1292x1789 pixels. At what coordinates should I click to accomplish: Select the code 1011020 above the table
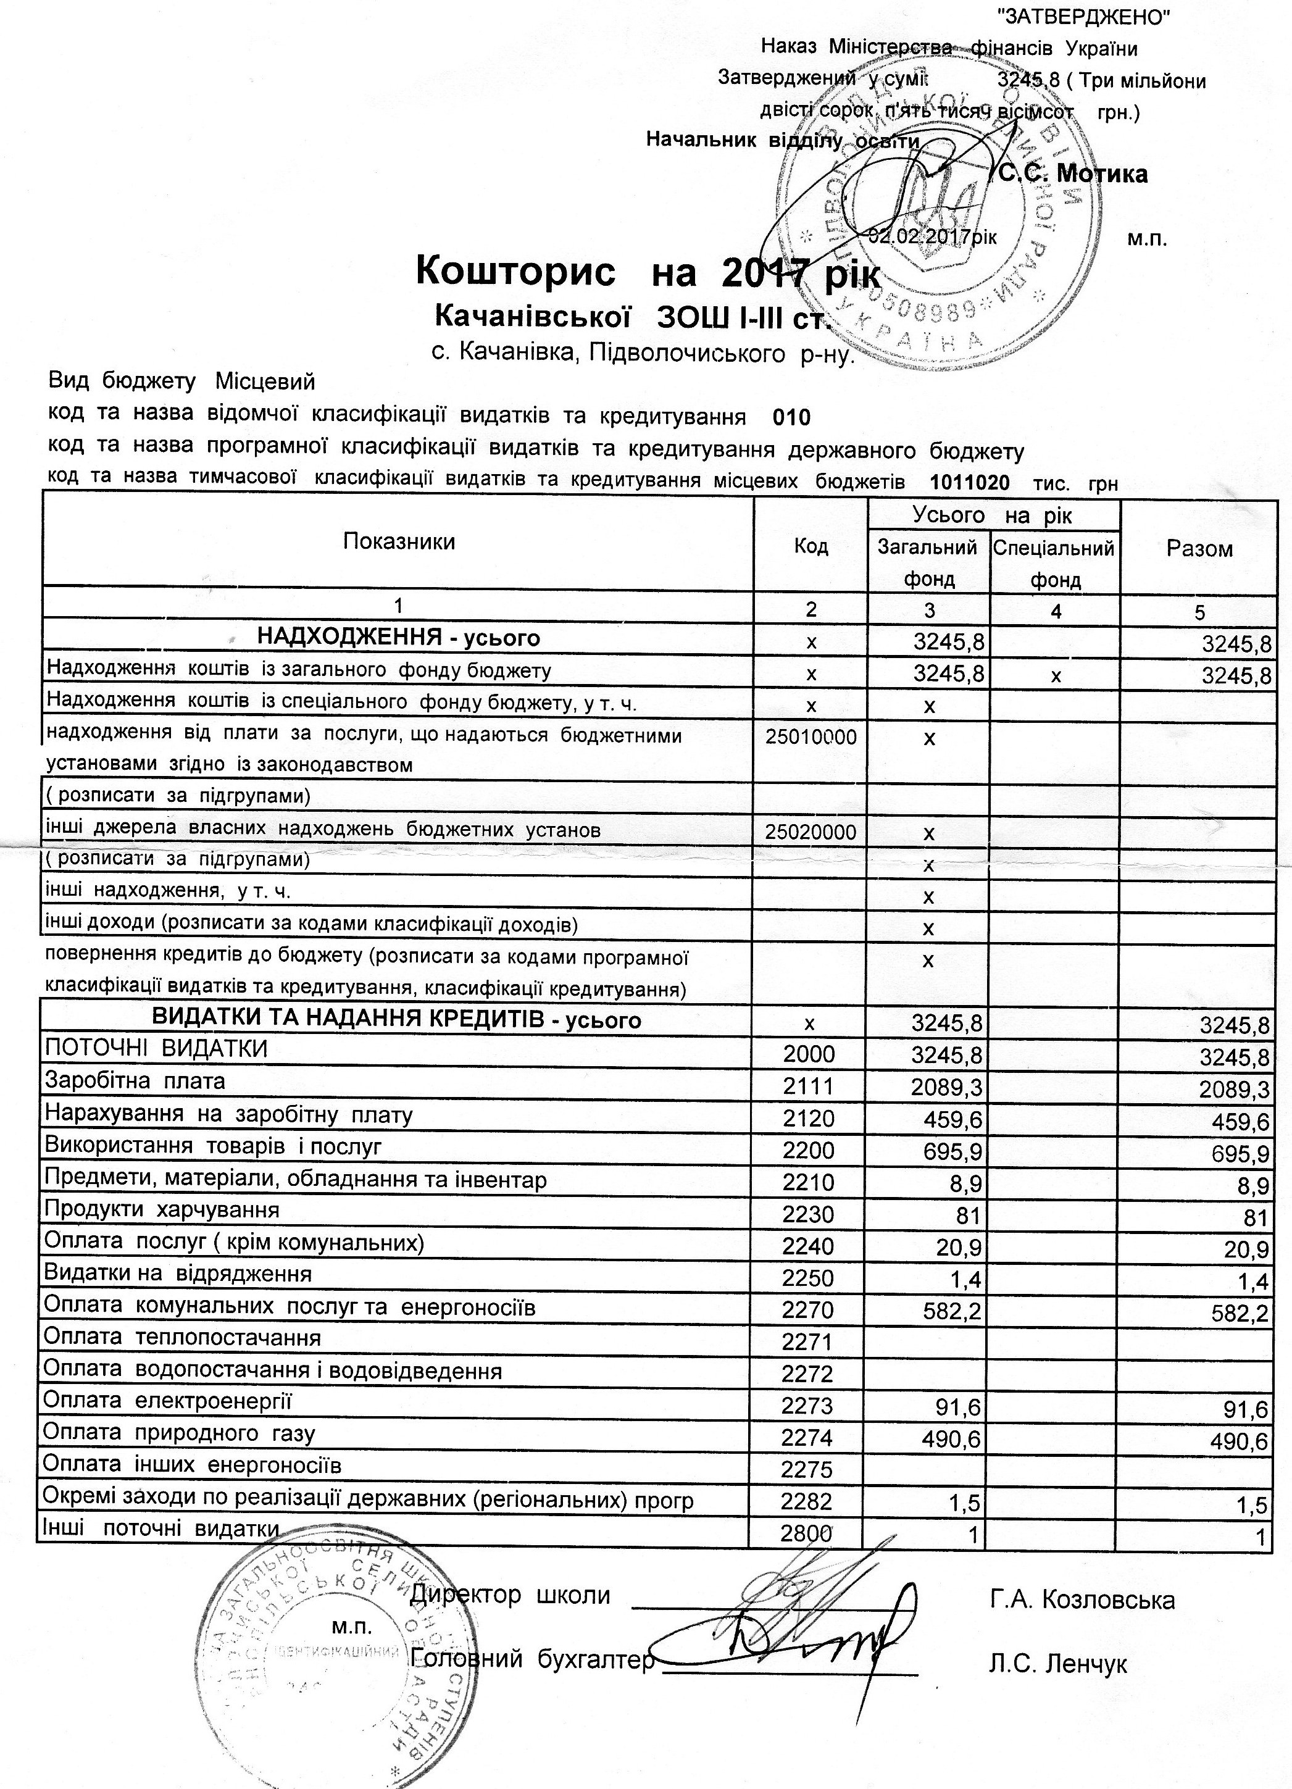969,482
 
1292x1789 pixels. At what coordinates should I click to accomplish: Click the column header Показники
399,542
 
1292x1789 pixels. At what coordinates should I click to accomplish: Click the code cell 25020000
811,832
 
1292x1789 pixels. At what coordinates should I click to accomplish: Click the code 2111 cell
809,1087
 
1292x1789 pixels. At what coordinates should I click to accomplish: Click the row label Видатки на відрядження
178,1273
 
